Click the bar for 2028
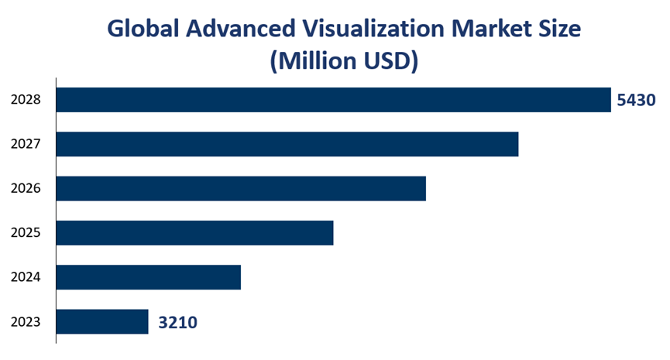point(334,100)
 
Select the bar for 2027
point(287,144)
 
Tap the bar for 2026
point(241,188)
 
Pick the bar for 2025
point(195,233)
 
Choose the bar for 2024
point(149,277)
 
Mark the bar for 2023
point(102,322)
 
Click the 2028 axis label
point(26,100)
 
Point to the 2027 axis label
point(26,144)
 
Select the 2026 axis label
point(26,188)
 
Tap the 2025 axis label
point(26,233)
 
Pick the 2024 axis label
point(26,277)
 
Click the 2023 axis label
point(26,322)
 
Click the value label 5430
point(637,100)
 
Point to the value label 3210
point(178,322)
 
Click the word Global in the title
point(145,29)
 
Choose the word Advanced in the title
point(242,29)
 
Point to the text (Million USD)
point(344,61)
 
